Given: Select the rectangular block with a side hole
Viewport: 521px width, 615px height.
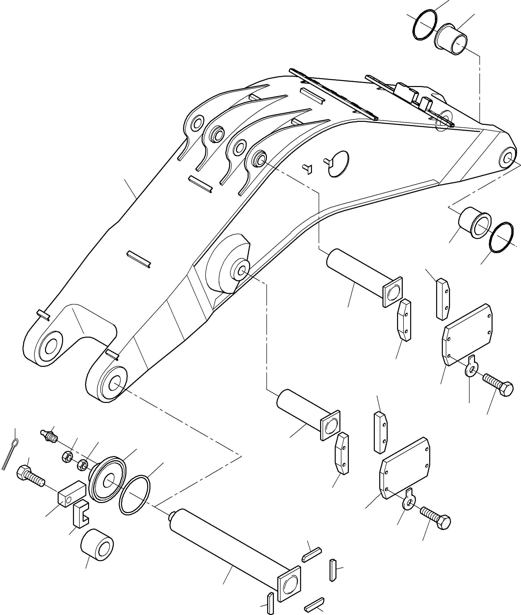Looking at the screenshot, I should point(72,493).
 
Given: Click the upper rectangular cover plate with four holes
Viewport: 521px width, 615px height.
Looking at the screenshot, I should point(468,335).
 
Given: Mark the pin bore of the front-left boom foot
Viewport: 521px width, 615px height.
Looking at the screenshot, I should point(51,346).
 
